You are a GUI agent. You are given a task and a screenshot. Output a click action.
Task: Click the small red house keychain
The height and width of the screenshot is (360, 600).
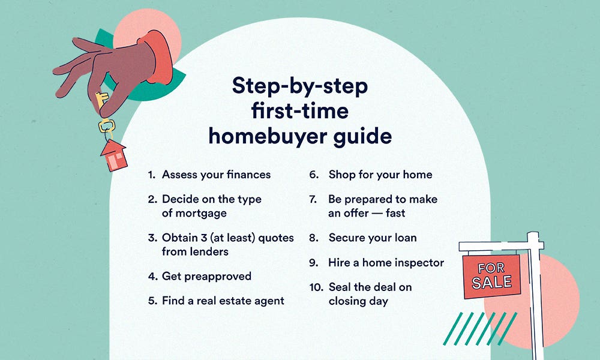[114, 155]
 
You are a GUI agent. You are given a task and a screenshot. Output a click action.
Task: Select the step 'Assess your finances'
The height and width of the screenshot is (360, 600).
[216, 175]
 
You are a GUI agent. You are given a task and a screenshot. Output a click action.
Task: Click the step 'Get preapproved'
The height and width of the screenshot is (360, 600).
[206, 276]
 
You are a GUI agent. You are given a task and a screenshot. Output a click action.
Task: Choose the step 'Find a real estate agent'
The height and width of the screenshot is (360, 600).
[223, 301]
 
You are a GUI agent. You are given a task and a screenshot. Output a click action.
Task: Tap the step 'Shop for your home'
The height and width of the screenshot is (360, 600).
[380, 175]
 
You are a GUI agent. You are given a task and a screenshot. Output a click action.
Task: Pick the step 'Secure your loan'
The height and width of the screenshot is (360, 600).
[372, 238]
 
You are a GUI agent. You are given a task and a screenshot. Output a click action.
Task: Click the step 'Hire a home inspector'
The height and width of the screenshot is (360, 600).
[386, 263]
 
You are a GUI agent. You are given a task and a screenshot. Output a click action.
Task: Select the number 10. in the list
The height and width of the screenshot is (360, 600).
[316, 287]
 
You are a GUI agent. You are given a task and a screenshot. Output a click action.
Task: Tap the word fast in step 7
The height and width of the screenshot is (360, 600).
[394, 213]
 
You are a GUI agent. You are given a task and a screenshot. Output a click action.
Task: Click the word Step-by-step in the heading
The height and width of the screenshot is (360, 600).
[300, 86]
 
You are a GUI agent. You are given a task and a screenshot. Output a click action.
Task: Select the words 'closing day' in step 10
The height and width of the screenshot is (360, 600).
[358, 301]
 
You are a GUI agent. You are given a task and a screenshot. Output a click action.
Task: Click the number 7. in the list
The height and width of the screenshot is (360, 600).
[313, 199]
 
